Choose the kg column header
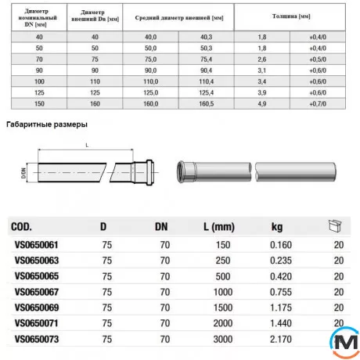point(276,227)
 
